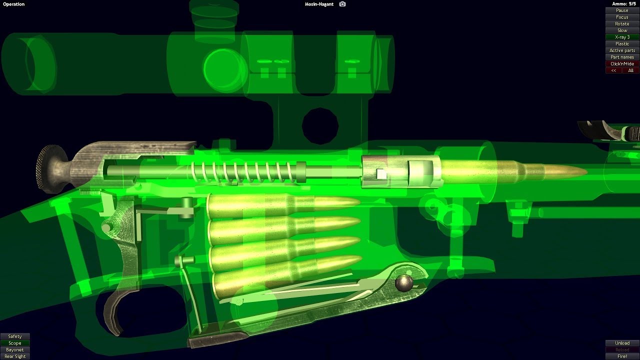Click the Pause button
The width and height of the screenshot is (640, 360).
pos(622,10)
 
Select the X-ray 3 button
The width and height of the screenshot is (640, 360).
pos(622,37)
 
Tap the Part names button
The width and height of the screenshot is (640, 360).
pos(622,57)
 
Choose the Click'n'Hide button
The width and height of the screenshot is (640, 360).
pos(622,63)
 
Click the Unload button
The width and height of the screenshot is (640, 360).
pos(622,343)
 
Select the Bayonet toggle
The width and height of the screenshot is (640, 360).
pos(15,349)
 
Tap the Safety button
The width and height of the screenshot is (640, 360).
pos(15,336)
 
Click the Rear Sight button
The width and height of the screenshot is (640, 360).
pos(15,356)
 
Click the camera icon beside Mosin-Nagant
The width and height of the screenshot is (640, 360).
pos(342,4)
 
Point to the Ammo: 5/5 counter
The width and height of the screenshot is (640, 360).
pos(623,4)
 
